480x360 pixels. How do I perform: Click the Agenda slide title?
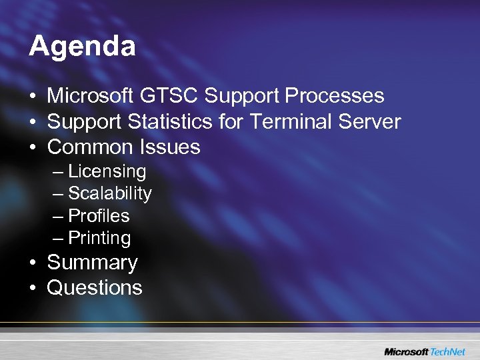click(x=83, y=47)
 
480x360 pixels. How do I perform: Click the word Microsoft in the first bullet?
click(x=91, y=96)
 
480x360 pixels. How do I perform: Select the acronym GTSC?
click(x=169, y=96)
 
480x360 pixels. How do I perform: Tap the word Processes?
click(x=335, y=96)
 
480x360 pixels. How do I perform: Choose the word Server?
click(x=371, y=121)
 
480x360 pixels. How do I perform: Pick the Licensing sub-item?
click(x=107, y=171)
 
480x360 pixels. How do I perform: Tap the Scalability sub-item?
click(x=110, y=193)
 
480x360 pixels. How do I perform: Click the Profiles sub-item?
click(x=99, y=216)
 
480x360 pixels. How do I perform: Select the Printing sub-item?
click(x=99, y=238)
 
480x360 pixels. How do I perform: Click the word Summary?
click(x=92, y=263)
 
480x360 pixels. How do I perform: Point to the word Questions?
click(x=95, y=288)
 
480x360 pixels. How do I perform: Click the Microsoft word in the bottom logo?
click(x=407, y=351)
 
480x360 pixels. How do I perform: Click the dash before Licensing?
click(x=58, y=172)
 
